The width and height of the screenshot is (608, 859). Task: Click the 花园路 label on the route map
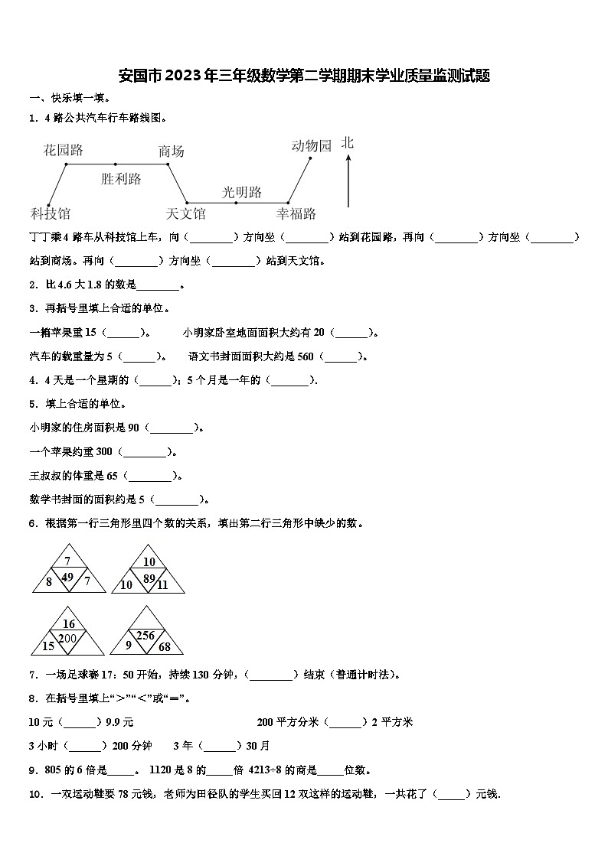[64, 150]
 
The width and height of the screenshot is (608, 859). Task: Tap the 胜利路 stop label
[121, 179]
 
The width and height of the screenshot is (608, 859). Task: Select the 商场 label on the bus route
[171, 151]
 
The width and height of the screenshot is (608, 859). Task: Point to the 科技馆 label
[50, 213]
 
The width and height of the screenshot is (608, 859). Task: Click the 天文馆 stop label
[185, 213]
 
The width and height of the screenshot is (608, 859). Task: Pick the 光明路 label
[242, 192]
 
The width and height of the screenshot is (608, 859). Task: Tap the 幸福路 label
[296, 213]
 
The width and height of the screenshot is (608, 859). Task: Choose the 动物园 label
[311, 145]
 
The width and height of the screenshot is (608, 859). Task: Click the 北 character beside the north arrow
[348, 143]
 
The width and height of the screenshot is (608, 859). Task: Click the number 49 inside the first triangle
[67, 577]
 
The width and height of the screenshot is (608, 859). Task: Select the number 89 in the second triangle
[149, 578]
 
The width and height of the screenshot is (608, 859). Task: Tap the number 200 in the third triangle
[67, 638]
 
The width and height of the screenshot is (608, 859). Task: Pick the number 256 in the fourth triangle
[145, 636]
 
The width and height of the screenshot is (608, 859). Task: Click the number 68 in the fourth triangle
[164, 648]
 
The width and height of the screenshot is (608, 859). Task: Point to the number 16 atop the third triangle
[68, 624]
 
